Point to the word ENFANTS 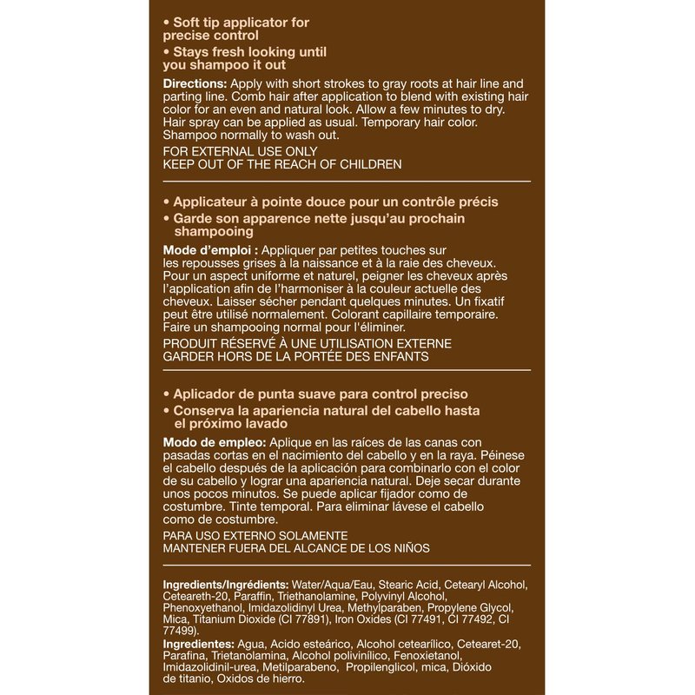pos(399,356)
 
